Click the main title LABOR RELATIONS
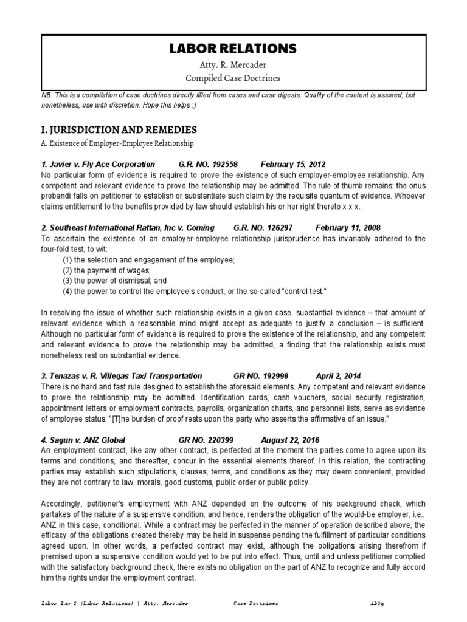tap(233, 48)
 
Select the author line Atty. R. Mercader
tap(233, 65)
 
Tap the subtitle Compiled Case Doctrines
tap(233, 78)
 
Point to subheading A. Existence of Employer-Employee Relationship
tap(117, 143)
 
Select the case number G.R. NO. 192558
tap(208, 165)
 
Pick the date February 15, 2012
tap(293, 165)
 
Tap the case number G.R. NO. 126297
tap(263, 228)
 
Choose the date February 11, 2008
tap(348, 228)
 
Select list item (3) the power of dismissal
tap(114, 281)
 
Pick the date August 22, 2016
tap(290, 439)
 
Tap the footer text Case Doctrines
tap(255, 604)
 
